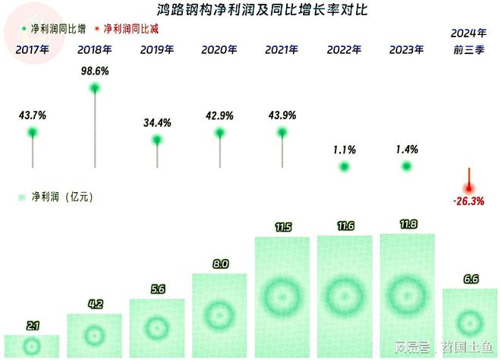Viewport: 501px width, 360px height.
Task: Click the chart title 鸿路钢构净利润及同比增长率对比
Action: click(250, 11)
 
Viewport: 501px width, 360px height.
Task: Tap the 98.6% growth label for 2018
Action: click(95, 70)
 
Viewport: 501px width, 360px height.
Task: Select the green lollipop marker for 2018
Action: click(95, 88)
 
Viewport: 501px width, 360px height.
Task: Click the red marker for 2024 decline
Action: click(469, 188)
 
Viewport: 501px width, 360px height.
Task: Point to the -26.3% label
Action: click(469, 202)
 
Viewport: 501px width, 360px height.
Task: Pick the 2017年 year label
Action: click(33, 50)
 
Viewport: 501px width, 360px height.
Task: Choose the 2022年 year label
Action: click(344, 50)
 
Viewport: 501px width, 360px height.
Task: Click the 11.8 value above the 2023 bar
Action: click(407, 225)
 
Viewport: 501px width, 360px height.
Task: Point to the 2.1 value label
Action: click(33, 326)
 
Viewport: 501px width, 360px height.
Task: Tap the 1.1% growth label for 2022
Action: click(344, 150)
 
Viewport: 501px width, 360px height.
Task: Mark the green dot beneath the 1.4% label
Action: click(407, 166)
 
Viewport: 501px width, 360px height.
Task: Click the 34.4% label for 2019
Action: click(157, 122)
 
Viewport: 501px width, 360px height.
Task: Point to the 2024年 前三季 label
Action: click(469, 41)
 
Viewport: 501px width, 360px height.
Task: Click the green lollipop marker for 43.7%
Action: click(33, 133)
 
